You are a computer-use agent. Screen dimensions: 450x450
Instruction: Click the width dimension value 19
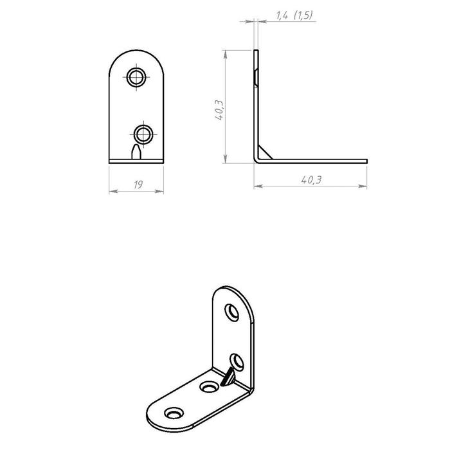point(138,184)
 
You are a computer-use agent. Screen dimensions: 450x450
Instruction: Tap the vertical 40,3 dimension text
point(220,110)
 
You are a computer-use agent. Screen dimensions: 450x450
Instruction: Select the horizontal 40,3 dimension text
point(311,179)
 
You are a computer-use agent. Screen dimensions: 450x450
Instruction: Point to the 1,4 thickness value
point(282,15)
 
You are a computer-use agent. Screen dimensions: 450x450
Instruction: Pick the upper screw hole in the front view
point(136,77)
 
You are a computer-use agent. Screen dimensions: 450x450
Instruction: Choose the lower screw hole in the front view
point(143,134)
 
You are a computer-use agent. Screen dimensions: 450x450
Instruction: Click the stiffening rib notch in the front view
point(136,152)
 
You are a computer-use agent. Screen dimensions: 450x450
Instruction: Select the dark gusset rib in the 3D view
point(228,376)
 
